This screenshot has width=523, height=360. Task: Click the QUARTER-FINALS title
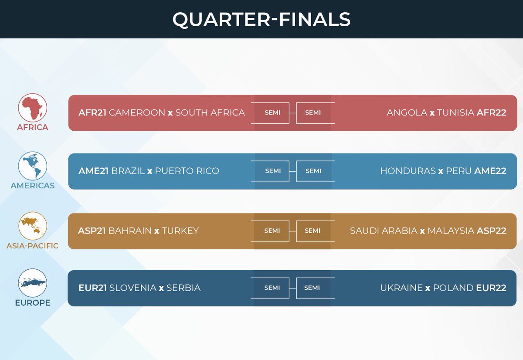(x=261, y=20)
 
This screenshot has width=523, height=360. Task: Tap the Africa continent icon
(x=33, y=108)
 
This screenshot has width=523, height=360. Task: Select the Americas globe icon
(x=33, y=166)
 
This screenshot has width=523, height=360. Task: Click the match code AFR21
(x=92, y=113)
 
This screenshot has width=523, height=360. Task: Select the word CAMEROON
(x=137, y=113)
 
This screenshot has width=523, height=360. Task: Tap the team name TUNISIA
(x=455, y=113)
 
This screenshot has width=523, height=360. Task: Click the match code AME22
(x=490, y=171)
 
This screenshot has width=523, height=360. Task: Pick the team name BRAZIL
(x=128, y=171)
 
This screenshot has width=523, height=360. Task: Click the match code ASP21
(x=92, y=231)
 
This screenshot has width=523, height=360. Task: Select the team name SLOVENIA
(x=132, y=288)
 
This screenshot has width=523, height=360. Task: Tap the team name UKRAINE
(x=401, y=288)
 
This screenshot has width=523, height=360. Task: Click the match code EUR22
(x=491, y=288)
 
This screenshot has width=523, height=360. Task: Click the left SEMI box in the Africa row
(x=272, y=113)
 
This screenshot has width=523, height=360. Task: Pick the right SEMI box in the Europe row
(x=312, y=288)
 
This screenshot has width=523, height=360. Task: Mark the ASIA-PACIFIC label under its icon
(x=32, y=246)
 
